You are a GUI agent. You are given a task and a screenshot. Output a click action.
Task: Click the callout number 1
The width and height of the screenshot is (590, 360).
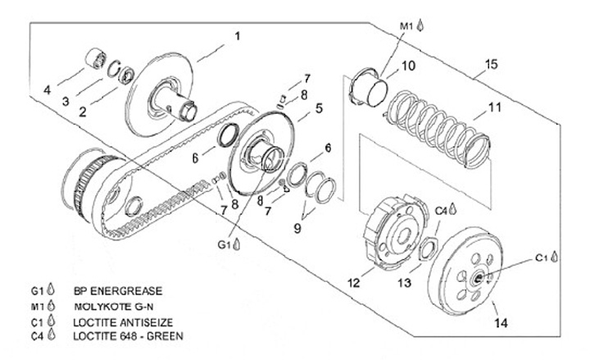pos(238,37)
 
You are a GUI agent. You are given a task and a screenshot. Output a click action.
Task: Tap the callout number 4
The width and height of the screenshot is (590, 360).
pos(47,90)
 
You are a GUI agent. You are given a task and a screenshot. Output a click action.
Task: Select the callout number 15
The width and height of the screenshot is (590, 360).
pos(491,64)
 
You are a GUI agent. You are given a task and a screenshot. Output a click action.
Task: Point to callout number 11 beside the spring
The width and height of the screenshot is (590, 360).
pos(495,107)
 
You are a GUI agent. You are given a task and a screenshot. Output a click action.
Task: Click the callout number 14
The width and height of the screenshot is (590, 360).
pos(501,323)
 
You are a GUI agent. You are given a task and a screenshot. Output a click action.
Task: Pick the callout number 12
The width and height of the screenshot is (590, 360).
pos(354,282)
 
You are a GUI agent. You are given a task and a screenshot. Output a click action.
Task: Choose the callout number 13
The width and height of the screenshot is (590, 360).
pos(405,282)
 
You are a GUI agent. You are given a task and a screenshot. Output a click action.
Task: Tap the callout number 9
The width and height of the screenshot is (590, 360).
pos(297,228)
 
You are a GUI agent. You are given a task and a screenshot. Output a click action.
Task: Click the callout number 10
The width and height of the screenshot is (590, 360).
pos(408,66)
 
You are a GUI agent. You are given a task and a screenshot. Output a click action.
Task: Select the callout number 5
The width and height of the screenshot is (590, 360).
pos(319,108)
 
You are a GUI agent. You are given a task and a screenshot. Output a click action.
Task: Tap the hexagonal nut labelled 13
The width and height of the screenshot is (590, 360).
pos(429,248)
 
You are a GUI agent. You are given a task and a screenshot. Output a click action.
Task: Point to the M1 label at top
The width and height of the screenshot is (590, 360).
pos(406,26)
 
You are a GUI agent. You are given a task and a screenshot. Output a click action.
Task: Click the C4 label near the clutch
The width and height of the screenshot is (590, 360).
pos(441,212)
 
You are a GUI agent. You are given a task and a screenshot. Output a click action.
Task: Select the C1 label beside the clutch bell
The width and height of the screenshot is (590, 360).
pos(542,258)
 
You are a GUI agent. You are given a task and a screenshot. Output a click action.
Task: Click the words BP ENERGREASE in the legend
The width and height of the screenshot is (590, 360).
pos(118,291)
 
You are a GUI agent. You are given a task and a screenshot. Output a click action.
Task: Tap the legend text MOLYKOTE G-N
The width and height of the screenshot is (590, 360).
pos(114,307)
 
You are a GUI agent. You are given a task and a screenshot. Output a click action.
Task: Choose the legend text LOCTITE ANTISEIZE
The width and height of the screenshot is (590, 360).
pos(123,322)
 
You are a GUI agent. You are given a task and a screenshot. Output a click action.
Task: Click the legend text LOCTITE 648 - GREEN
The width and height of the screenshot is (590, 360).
pos(129,336)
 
